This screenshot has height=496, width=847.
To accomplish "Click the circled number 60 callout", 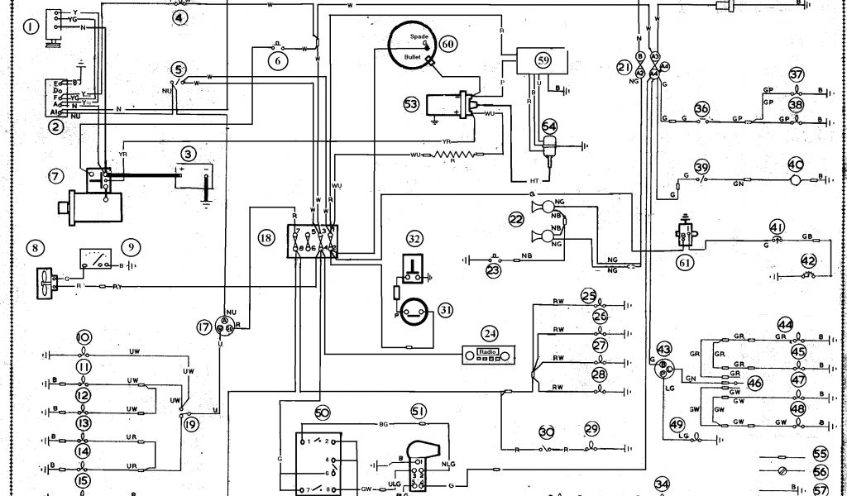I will [x=447, y=43].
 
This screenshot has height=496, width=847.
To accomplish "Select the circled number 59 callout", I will [x=543, y=60].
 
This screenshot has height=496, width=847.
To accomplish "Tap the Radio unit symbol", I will [x=488, y=354].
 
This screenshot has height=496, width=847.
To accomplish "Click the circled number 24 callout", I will [x=490, y=334].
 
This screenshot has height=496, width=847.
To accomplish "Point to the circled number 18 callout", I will [x=266, y=237].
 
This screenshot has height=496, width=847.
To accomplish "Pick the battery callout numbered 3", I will [x=189, y=154].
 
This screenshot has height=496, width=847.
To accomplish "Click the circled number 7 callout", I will [x=55, y=176].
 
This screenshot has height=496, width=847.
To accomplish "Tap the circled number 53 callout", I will [x=411, y=103].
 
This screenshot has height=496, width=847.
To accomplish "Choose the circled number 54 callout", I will [x=550, y=126].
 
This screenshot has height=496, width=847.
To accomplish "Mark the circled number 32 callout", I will [x=414, y=239].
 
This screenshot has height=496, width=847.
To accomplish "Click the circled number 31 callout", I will [x=446, y=310].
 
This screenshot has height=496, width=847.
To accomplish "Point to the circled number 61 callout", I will [x=684, y=263].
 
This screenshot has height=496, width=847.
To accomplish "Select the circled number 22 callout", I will [x=516, y=219].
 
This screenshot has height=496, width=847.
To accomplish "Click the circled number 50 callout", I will [x=322, y=412].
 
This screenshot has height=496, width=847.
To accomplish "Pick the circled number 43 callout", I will [x=663, y=350].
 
